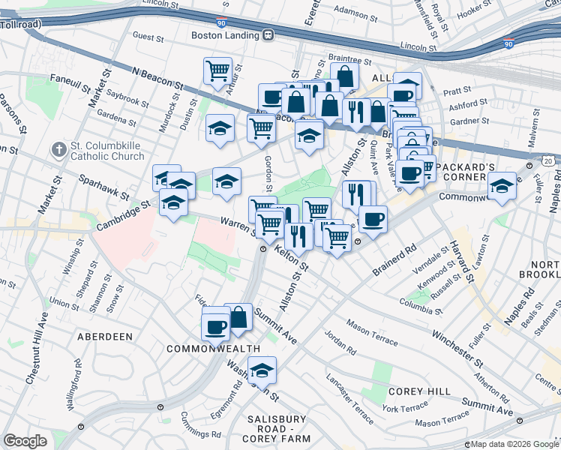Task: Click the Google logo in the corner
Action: click(25, 440)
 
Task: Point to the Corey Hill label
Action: click(419, 391)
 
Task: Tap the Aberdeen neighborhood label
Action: click(105, 337)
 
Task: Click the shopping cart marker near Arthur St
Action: click(217, 72)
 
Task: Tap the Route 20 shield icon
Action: click(550, 162)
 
